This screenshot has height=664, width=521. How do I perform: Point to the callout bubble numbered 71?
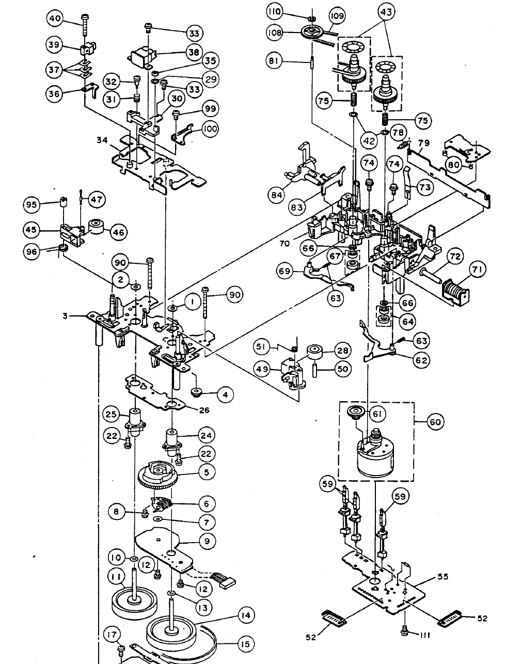coord(477,269)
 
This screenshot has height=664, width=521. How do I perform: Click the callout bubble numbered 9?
coord(207,542)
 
